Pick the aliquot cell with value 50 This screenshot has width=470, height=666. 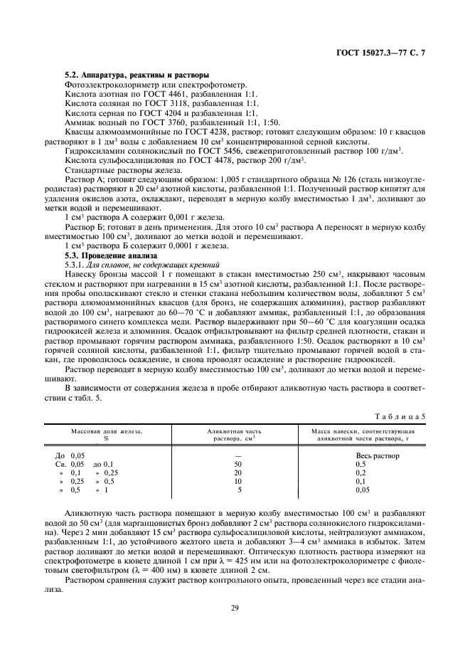[239, 463]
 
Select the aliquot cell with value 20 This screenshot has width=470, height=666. [239, 472]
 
